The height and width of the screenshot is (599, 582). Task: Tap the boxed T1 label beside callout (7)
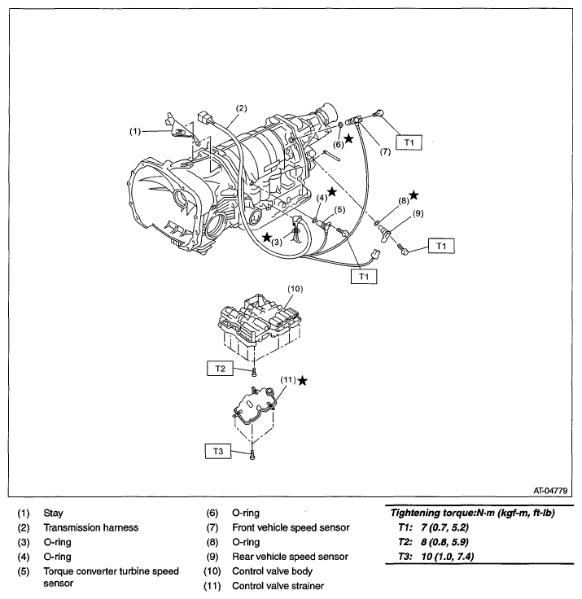tap(409, 142)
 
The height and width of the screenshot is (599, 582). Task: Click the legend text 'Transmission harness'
tap(91, 527)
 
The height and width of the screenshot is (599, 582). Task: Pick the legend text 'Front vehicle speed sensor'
tap(291, 527)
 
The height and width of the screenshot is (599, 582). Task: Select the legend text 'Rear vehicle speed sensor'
tap(289, 557)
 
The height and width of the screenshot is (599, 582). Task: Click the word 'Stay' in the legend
tap(54, 513)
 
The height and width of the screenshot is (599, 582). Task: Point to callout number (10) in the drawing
tap(295, 288)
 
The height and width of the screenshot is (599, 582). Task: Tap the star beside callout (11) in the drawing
tap(304, 380)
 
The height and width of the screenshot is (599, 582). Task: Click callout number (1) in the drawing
tap(135, 129)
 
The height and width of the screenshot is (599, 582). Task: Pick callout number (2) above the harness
tap(241, 107)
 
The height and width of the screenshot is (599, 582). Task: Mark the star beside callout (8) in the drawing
tap(414, 195)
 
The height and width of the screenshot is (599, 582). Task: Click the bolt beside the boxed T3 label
tap(253, 453)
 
